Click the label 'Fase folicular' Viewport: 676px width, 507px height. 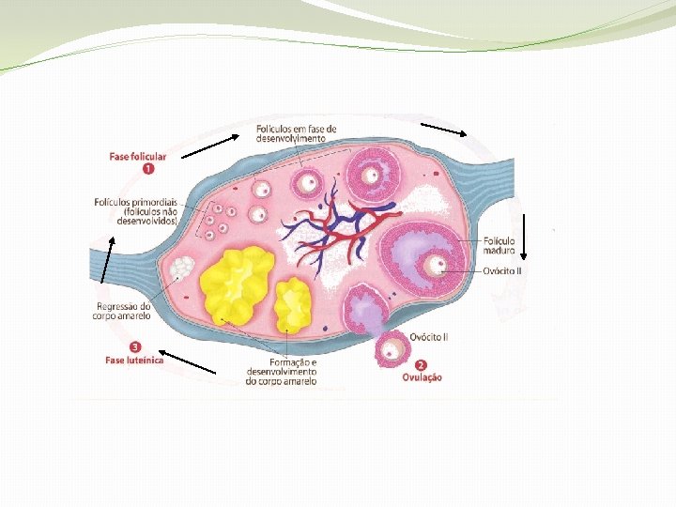point(138,157)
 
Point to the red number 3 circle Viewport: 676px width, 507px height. point(137,346)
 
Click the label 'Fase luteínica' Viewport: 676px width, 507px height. point(134,360)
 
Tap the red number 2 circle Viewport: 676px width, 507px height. point(420,365)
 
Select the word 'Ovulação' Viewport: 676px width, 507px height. point(422,377)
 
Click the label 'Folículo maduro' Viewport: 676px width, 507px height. point(499,245)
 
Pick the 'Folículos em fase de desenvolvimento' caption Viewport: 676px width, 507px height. point(297,133)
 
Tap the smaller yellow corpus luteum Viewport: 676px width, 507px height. point(293,305)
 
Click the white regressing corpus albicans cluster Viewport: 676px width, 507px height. point(180,269)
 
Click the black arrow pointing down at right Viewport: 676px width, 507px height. point(526,236)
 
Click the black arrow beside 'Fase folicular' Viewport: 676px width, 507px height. point(210,146)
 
